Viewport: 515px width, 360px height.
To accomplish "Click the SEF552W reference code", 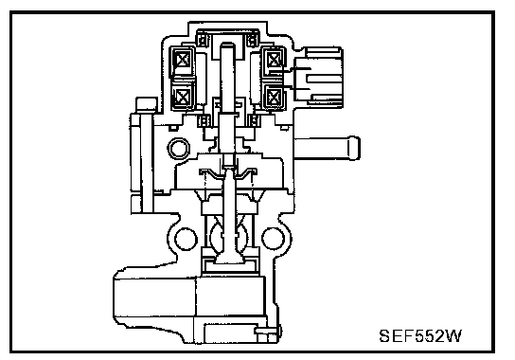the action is click(x=420, y=335).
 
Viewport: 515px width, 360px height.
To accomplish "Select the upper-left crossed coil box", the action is click(x=181, y=61).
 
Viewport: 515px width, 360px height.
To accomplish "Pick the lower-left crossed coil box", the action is click(x=181, y=97).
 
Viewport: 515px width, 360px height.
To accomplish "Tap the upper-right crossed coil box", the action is click(x=274, y=61).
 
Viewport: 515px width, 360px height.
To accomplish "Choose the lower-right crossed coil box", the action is click(x=274, y=97).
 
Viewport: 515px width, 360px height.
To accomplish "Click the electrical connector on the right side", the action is click(x=319, y=78).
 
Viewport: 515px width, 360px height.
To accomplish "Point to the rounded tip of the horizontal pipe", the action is click(x=354, y=148).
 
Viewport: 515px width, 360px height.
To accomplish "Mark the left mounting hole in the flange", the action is click(x=186, y=239).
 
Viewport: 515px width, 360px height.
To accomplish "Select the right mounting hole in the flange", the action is click(x=274, y=239).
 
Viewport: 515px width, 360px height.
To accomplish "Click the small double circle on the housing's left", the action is click(x=179, y=149).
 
